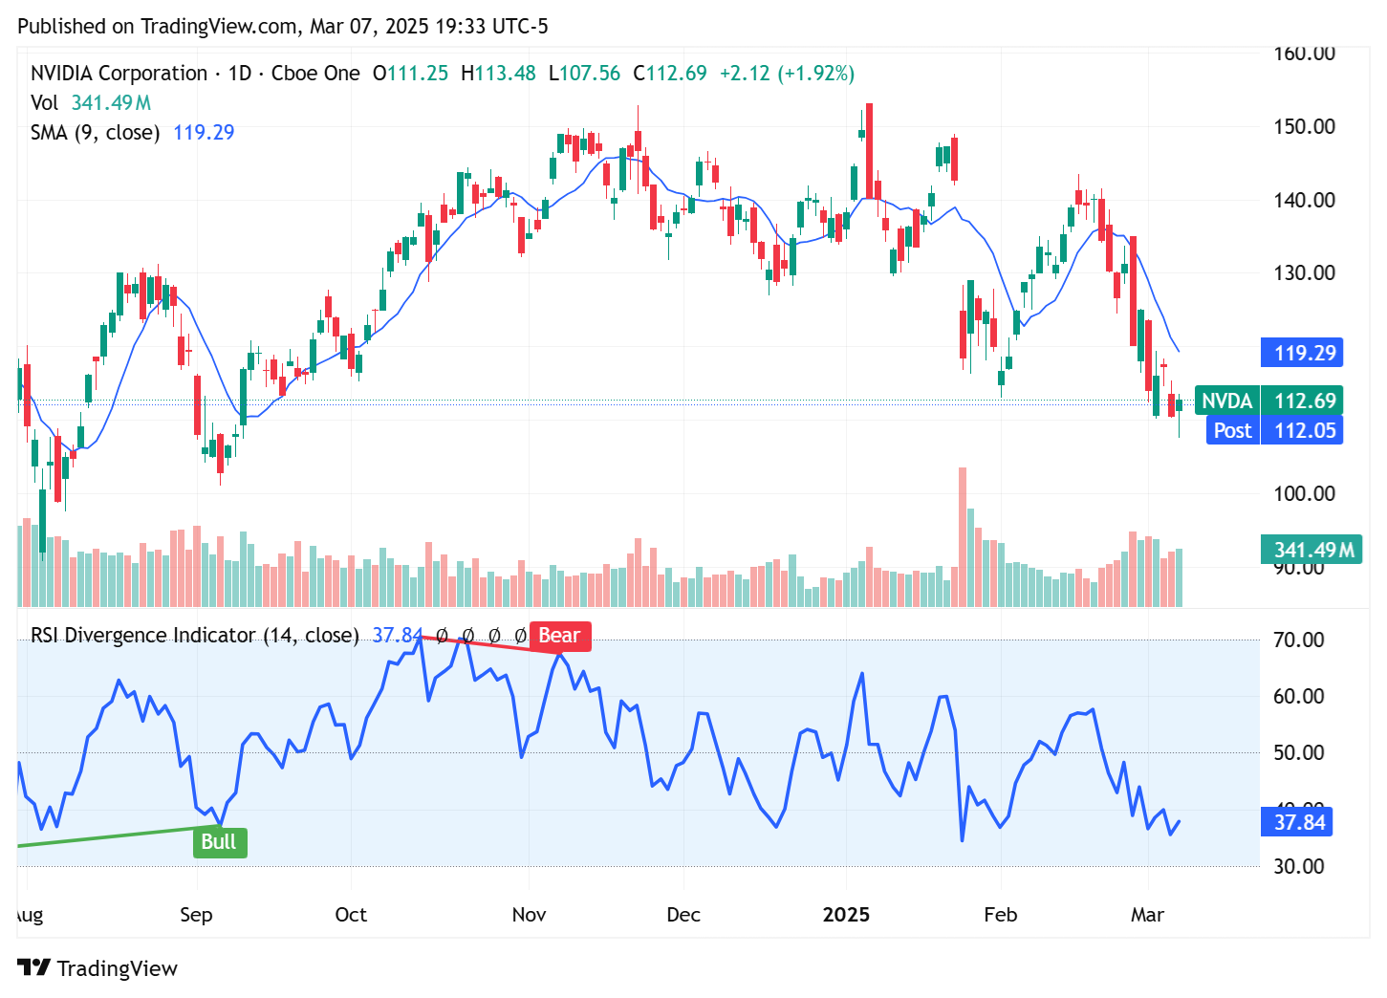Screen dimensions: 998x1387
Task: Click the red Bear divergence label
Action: [559, 636]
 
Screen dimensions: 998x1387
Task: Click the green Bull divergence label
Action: [219, 842]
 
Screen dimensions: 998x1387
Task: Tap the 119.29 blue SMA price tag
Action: [1303, 353]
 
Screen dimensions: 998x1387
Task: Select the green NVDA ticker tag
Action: [1226, 401]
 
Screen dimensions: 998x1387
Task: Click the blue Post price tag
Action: [1231, 430]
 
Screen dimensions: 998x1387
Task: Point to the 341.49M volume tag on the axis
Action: [1311, 550]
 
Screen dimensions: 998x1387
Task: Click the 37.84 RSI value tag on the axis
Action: [1299, 822]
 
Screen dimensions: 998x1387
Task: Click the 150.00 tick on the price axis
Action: [1304, 126]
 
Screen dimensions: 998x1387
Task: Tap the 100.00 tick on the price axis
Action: [1304, 493]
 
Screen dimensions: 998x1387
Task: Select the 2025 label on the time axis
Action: [846, 915]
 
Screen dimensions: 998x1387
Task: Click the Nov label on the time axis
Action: [529, 915]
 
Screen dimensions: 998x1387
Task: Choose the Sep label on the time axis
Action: [196, 915]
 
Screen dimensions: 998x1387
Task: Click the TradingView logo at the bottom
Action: [98, 968]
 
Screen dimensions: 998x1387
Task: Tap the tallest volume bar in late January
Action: [963, 535]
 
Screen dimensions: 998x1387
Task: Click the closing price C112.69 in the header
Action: [670, 74]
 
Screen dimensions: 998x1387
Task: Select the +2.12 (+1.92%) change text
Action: [787, 74]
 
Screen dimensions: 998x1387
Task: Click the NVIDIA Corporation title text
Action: [119, 74]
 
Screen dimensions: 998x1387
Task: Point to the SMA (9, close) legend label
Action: [95, 133]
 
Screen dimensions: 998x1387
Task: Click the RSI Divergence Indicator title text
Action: [194, 636]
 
